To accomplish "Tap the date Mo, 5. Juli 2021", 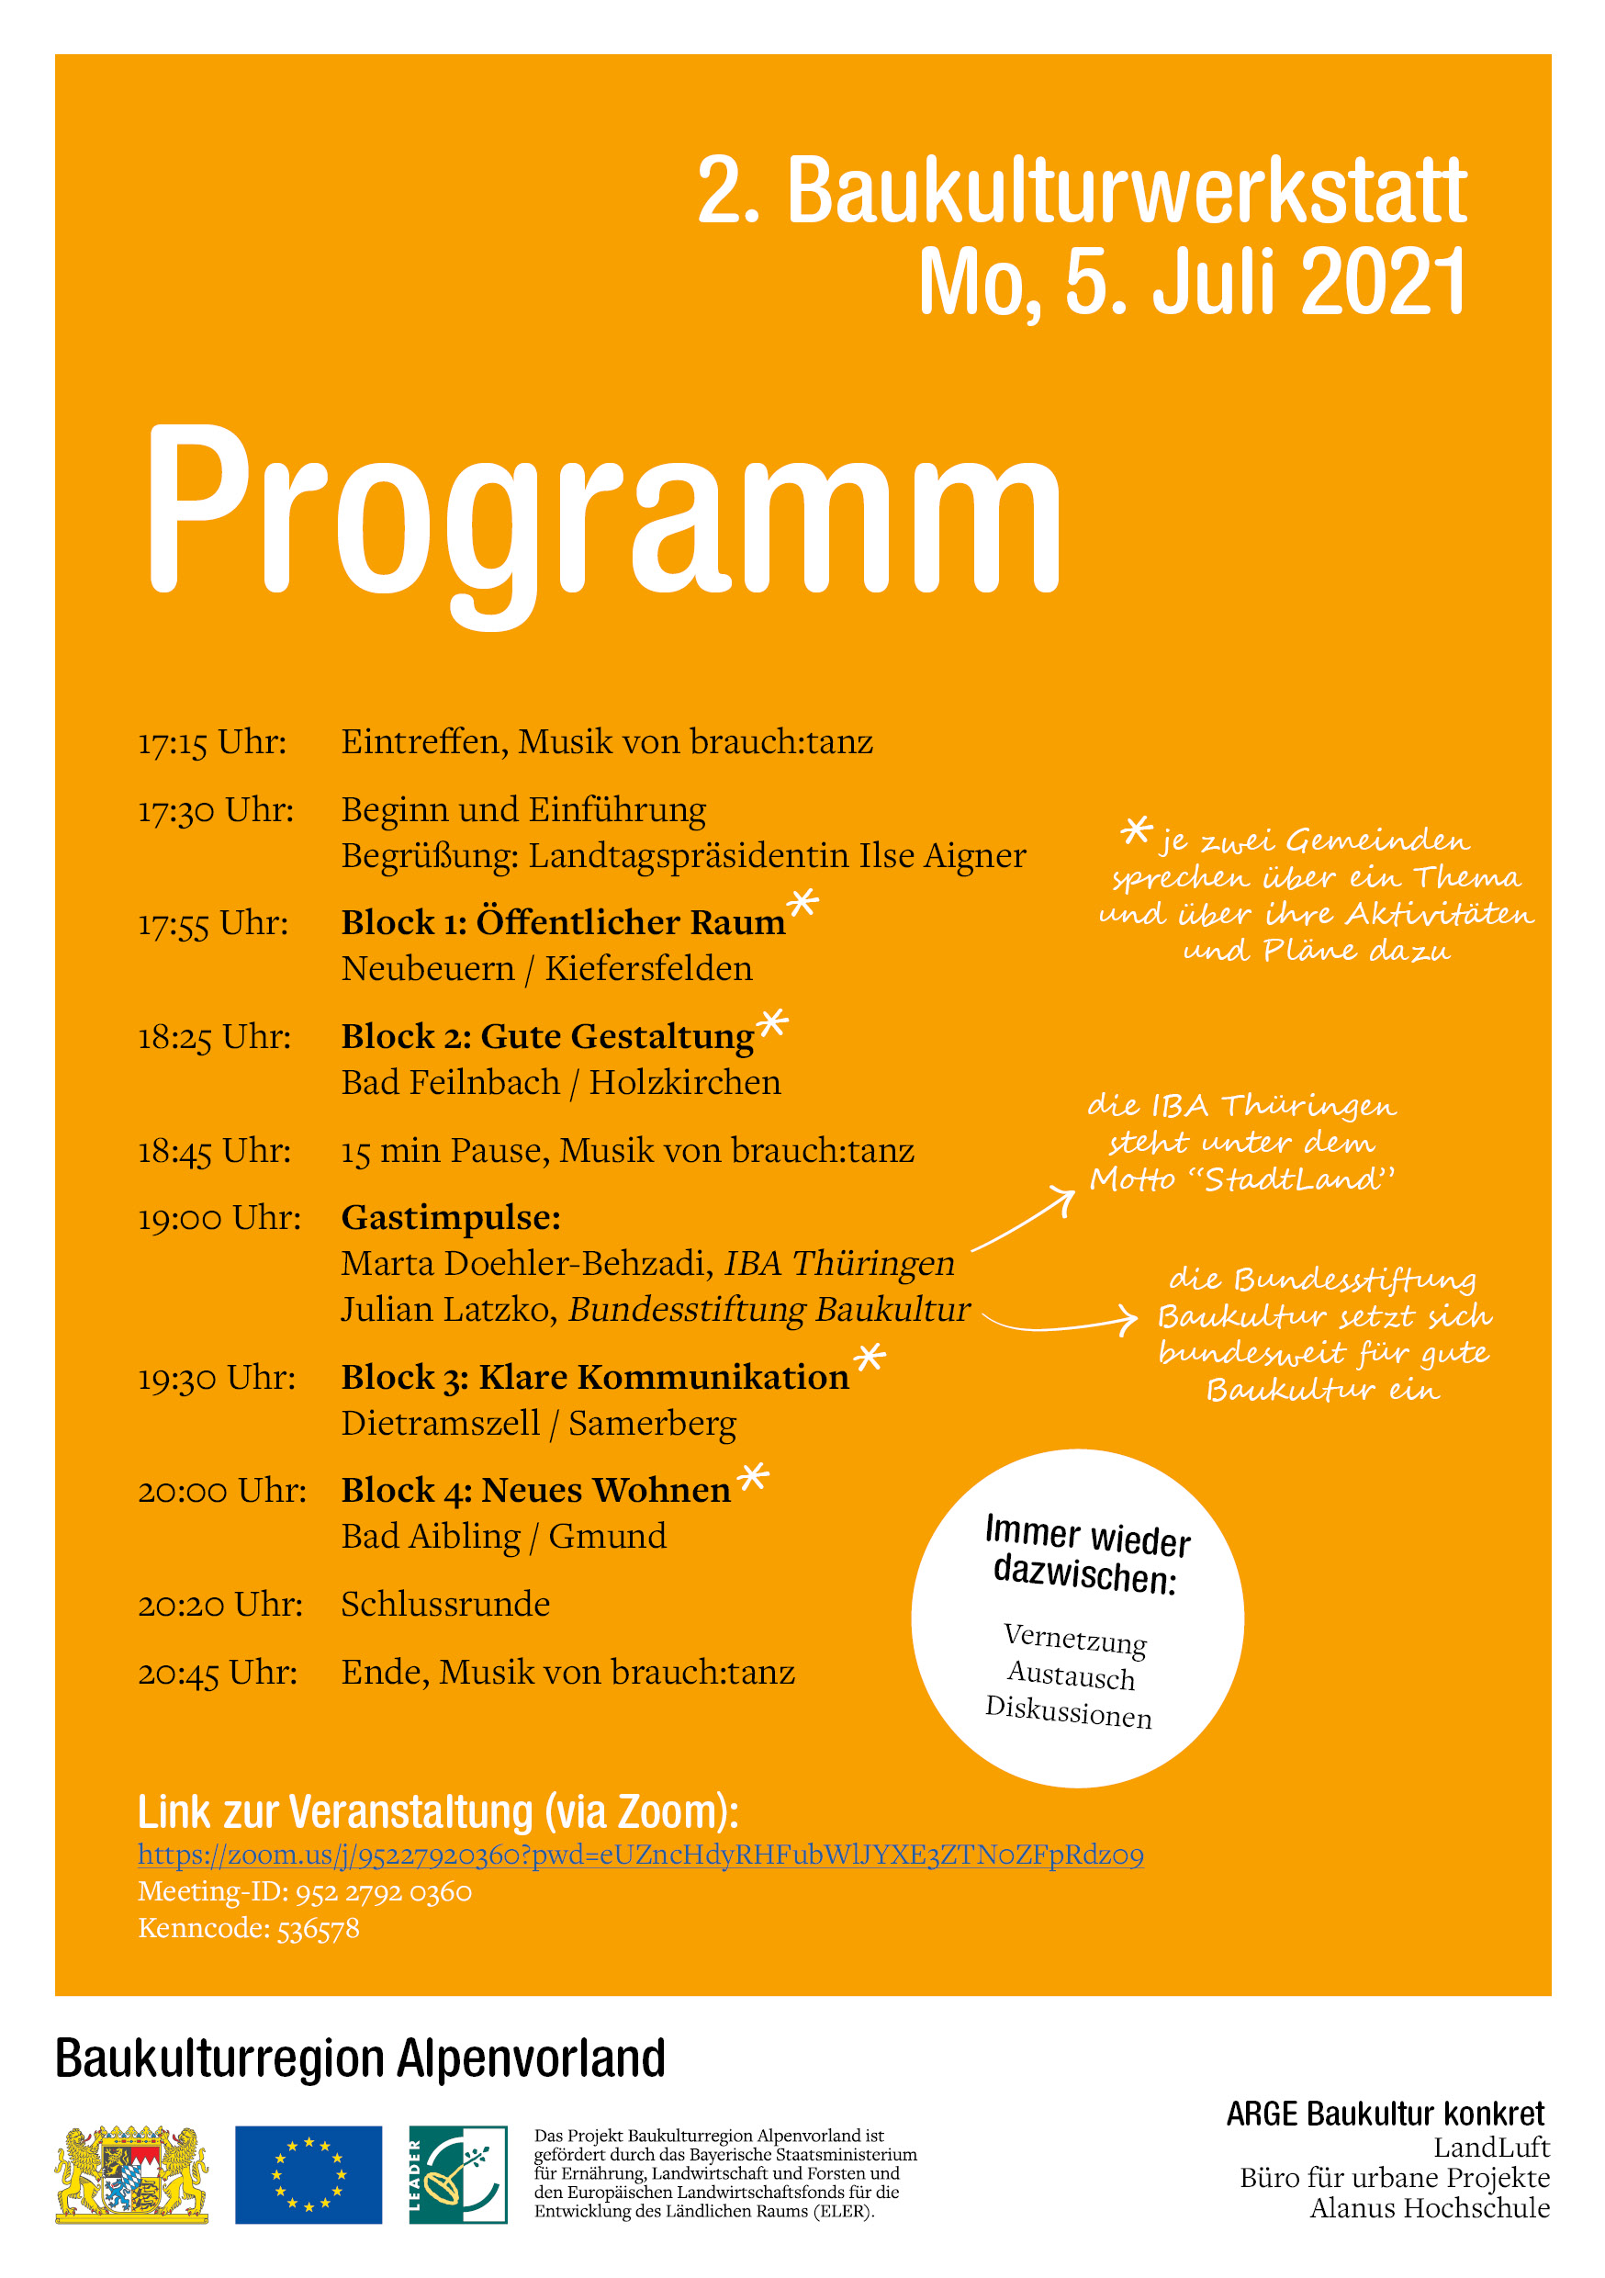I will coord(1191,282).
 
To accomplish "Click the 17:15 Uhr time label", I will coord(212,742).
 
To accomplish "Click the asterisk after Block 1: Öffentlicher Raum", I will coord(802,903).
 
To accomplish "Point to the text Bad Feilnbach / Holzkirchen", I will coord(560,1082).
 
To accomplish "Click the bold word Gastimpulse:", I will coord(450,1217).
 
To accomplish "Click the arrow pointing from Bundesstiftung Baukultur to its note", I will coord(1060,1322).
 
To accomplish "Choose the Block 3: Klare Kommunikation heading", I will coord(594,1377).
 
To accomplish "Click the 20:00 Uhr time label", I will coord(222,1490).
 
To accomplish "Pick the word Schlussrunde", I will coord(445,1605).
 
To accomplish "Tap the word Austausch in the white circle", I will coord(1071,1675).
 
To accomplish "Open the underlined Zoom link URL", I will coord(640,1855).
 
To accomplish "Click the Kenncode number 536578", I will coord(318,1928).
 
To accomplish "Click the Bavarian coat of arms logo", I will coord(132,2173).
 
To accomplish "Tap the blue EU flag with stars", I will coord(308,2174).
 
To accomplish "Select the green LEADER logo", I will coord(457,2174).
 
